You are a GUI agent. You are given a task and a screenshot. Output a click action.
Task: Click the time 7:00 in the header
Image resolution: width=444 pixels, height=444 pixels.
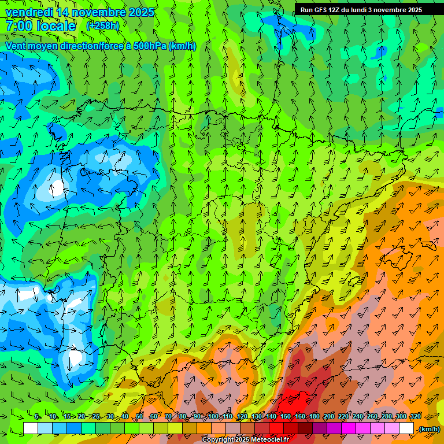coord(20,26)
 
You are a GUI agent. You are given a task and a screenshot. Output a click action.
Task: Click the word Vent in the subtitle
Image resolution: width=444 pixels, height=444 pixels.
coord(17,46)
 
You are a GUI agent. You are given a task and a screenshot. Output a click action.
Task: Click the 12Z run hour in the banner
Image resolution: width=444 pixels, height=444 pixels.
coord(336,10)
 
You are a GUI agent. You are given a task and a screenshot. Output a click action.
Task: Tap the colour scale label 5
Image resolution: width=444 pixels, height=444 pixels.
coord(38,417)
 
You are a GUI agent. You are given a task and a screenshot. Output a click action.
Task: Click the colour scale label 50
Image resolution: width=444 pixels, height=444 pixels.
coord(139,417)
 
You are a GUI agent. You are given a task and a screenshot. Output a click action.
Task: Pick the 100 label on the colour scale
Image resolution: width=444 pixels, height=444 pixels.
coord(213,417)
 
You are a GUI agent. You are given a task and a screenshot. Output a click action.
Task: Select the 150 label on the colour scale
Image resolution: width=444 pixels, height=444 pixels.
coord(286,417)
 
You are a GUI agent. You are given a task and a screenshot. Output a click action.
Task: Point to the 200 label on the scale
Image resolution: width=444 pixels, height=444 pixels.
coord(329,417)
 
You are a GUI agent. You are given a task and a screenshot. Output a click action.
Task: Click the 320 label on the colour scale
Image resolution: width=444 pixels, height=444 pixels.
coord(415,417)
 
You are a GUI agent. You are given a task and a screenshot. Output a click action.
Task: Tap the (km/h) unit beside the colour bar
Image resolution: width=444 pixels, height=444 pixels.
coord(429,429)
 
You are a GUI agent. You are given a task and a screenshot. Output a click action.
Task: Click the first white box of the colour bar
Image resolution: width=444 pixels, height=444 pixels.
coord(31,428)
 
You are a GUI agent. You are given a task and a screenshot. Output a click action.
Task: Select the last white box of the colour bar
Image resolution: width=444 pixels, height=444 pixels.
coord(406,428)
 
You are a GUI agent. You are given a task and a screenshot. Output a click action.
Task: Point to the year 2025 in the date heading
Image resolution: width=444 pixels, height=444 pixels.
coord(140,12)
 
